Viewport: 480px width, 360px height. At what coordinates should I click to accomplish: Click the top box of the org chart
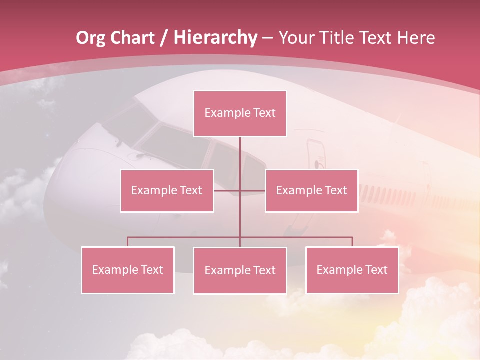(240, 113)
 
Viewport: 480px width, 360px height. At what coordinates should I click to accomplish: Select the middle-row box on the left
(167, 190)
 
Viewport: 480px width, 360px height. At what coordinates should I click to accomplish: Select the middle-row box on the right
(311, 190)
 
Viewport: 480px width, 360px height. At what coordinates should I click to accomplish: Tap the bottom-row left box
(128, 270)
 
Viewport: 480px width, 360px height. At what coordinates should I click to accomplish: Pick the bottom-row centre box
(240, 270)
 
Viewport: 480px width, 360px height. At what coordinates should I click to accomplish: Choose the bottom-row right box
(352, 270)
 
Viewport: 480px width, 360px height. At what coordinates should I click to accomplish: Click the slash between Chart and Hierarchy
(163, 38)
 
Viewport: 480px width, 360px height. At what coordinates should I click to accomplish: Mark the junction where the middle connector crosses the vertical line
(240, 190)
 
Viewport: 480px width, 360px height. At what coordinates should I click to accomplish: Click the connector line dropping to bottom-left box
(128, 242)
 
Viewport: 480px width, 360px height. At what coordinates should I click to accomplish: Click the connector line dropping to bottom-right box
(352, 242)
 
